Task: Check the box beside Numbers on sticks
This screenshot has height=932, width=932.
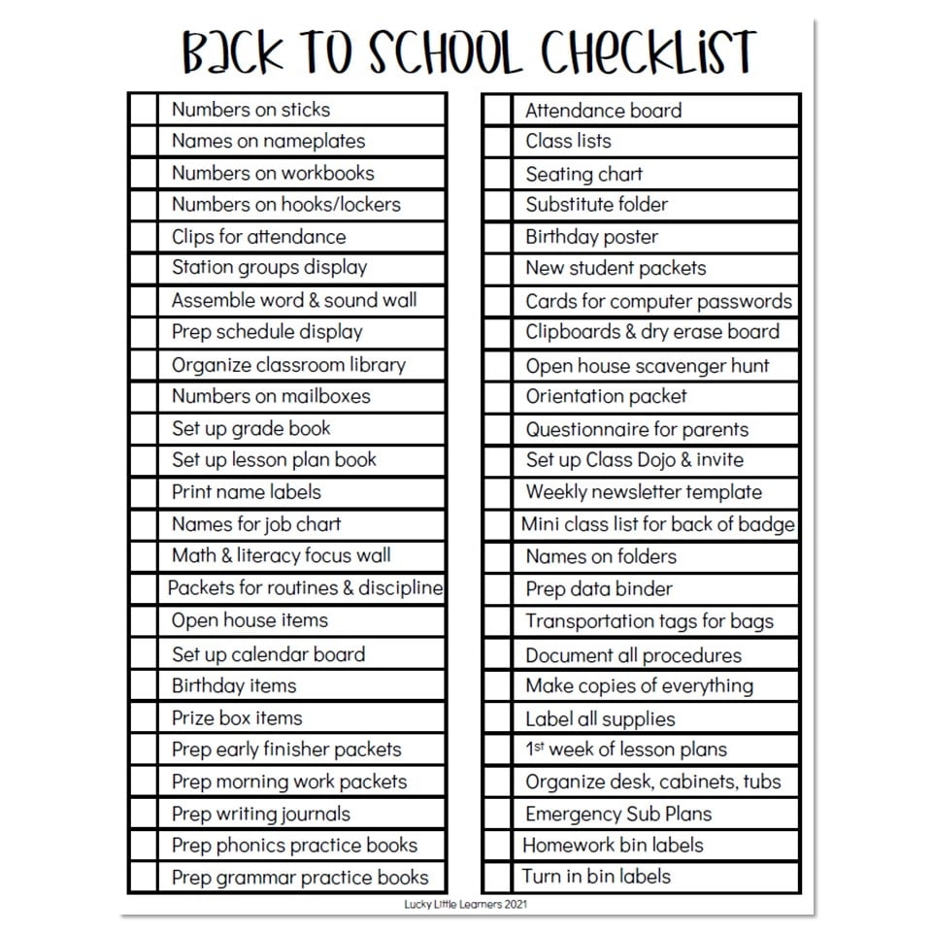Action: [x=143, y=109]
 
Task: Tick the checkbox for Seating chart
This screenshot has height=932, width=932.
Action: [x=497, y=174]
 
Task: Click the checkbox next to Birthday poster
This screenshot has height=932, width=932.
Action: [x=497, y=237]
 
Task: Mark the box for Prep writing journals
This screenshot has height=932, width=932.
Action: [x=143, y=814]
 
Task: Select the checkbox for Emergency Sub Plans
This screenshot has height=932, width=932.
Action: [x=497, y=814]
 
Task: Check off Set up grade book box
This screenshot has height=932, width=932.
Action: [x=143, y=428]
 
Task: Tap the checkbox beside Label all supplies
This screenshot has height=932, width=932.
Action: [x=497, y=718]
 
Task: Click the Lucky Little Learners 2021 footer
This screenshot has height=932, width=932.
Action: [x=465, y=904]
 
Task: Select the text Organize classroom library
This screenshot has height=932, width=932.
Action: [x=288, y=365]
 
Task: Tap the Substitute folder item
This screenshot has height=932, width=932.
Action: [x=596, y=205]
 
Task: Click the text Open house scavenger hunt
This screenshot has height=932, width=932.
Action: [x=647, y=366]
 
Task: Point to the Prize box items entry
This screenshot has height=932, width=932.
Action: [x=237, y=718]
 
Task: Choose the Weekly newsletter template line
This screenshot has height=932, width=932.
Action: [x=644, y=492]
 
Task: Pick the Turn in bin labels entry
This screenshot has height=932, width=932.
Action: [x=596, y=876]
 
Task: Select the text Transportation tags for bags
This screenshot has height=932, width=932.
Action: [x=649, y=621]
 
